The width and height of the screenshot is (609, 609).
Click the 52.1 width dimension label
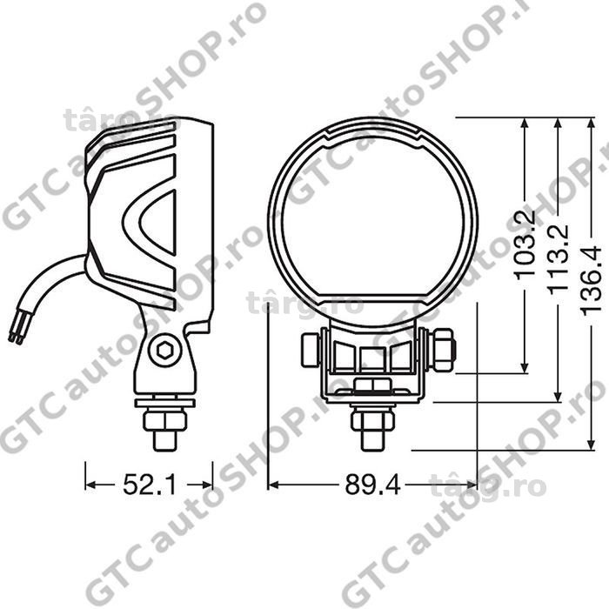(150, 485)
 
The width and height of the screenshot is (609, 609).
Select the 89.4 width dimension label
(372, 485)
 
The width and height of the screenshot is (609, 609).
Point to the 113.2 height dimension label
(559, 258)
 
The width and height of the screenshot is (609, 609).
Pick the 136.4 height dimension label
(591, 279)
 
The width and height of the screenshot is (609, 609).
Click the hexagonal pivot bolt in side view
(165, 351)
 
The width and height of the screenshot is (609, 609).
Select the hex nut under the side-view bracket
(165, 420)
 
